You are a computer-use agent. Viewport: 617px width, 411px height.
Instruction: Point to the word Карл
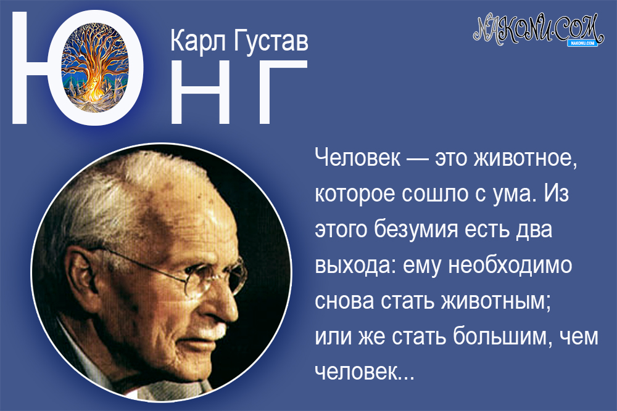197,41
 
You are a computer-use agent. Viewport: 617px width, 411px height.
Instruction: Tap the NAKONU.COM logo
537,28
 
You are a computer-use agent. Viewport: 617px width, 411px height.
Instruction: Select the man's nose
238,302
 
